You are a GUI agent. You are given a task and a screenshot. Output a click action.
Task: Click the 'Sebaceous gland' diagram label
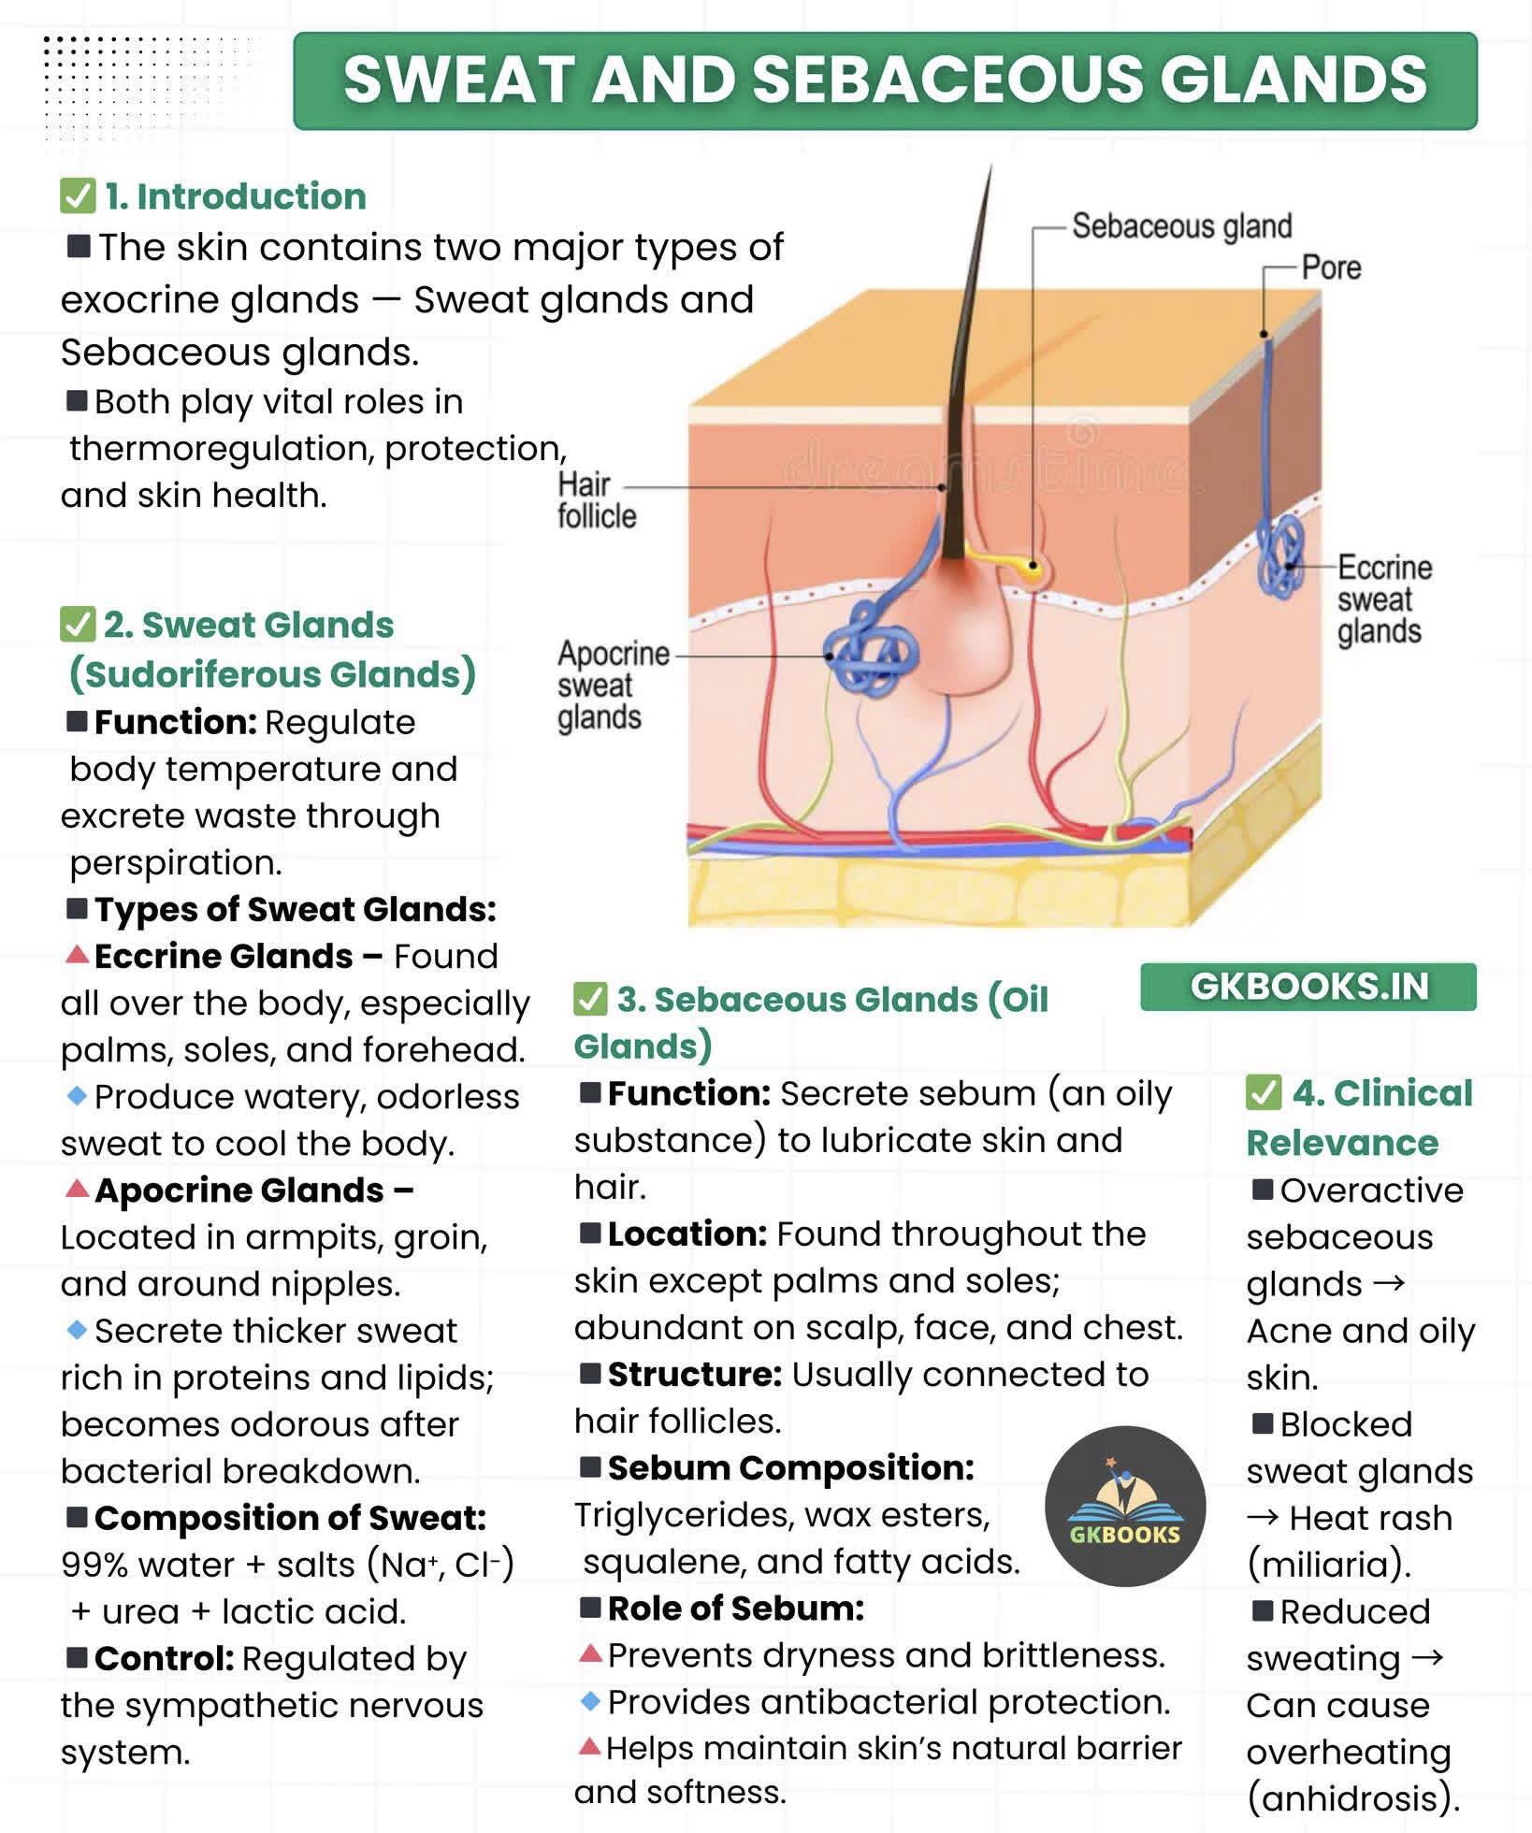click(x=1181, y=226)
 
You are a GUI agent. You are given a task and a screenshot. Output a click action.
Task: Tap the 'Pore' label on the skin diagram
click(x=1331, y=268)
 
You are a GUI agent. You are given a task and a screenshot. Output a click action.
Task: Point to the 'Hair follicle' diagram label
click(x=597, y=500)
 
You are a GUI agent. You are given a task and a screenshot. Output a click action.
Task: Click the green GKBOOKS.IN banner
click(x=1308, y=987)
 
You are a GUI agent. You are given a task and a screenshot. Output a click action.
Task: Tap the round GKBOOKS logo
click(x=1125, y=1506)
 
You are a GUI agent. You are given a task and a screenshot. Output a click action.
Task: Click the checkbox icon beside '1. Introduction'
click(x=78, y=196)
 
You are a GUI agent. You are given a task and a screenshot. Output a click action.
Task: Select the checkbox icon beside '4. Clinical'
click(x=1264, y=1092)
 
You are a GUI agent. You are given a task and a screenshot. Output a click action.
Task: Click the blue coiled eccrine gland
click(x=1279, y=556)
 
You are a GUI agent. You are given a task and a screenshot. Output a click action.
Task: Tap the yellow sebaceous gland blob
click(x=1032, y=566)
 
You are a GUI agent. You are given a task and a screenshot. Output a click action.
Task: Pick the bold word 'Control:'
click(x=165, y=1658)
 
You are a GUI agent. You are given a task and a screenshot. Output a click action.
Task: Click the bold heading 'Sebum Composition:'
click(x=791, y=1467)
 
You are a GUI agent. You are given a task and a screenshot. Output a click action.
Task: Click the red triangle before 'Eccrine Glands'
click(x=78, y=955)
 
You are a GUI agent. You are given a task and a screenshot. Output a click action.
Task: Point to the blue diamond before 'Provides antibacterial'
click(x=589, y=1701)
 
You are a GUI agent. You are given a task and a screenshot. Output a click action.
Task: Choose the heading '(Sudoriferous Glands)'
click(x=272, y=674)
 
